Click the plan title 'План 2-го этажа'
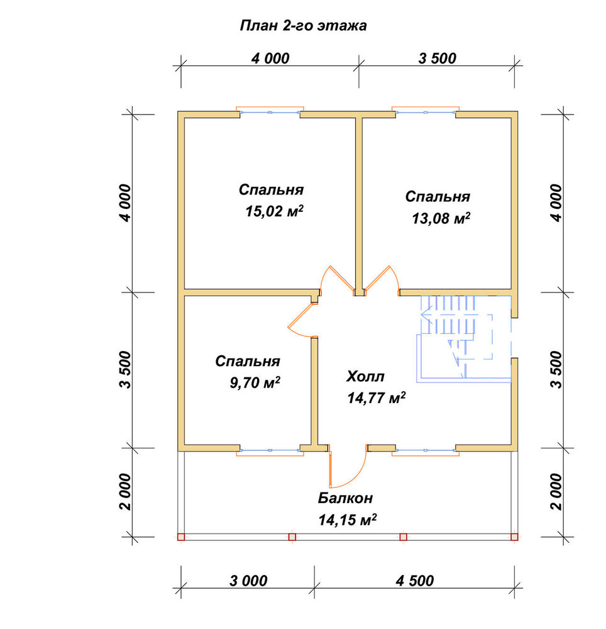point(303,26)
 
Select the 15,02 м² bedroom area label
point(275,211)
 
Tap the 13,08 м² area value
point(441,218)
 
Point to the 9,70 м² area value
point(255,382)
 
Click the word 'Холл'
point(365,376)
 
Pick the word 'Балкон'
point(345,498)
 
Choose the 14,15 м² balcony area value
point(348,520)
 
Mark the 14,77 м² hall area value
point(377,398)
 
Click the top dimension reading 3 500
point(438,58)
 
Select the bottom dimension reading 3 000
point(248,581)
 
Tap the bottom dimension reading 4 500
point(415,581)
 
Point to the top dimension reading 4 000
point(270,58)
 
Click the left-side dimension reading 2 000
point(126,492)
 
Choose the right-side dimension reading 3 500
point(557,369)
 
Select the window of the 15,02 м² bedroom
point(270,112)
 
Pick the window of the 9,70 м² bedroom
point(270,451)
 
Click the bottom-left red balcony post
point(181,537)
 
